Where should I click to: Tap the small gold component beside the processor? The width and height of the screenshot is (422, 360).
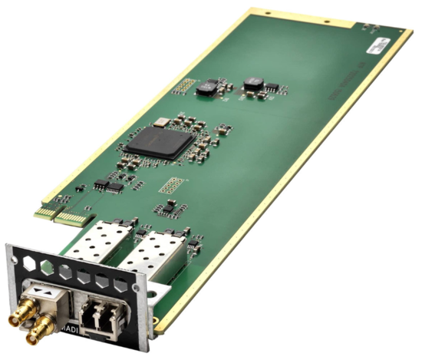point(160,122)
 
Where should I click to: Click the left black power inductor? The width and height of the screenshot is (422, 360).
point(205,89)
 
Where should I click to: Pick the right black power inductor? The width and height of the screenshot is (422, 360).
point(252,83)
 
